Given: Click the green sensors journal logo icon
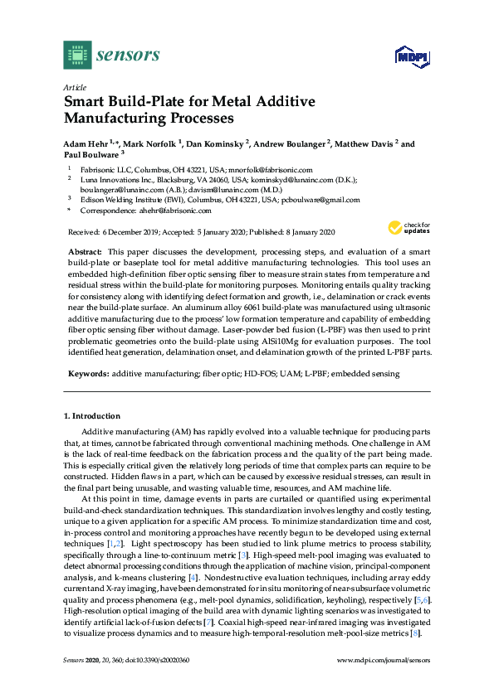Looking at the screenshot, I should pos(76,56).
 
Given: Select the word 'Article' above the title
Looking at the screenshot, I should pos(74,87).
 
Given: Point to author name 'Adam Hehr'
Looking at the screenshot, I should pos(86,143).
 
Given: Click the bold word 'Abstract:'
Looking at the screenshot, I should pos(86,250).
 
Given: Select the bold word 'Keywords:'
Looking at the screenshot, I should pos(88,374).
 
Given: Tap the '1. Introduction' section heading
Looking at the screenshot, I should pos(93,415).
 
